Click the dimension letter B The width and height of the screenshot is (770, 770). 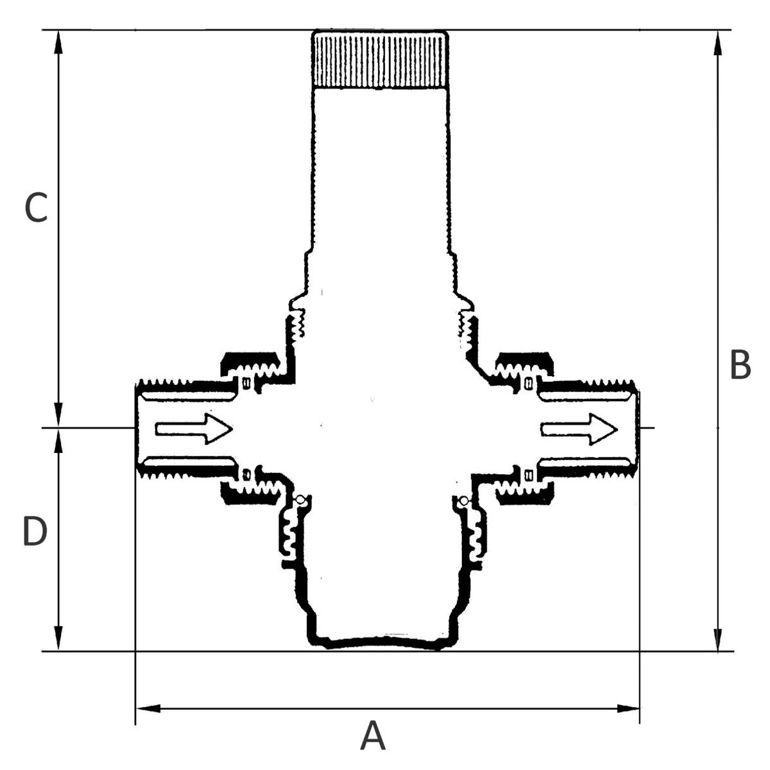point(740,364)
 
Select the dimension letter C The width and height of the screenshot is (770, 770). point(35,208)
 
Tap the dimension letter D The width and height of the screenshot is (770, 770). point(35,531)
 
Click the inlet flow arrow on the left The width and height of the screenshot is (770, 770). point(194,429)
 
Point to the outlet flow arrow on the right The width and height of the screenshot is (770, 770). point(579,429)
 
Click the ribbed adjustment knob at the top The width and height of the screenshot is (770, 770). point(380,59)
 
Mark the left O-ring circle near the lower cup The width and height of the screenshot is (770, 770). point(300,500)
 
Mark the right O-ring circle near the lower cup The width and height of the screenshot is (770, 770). point(463,501)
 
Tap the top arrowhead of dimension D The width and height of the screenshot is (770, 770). point(59,441)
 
